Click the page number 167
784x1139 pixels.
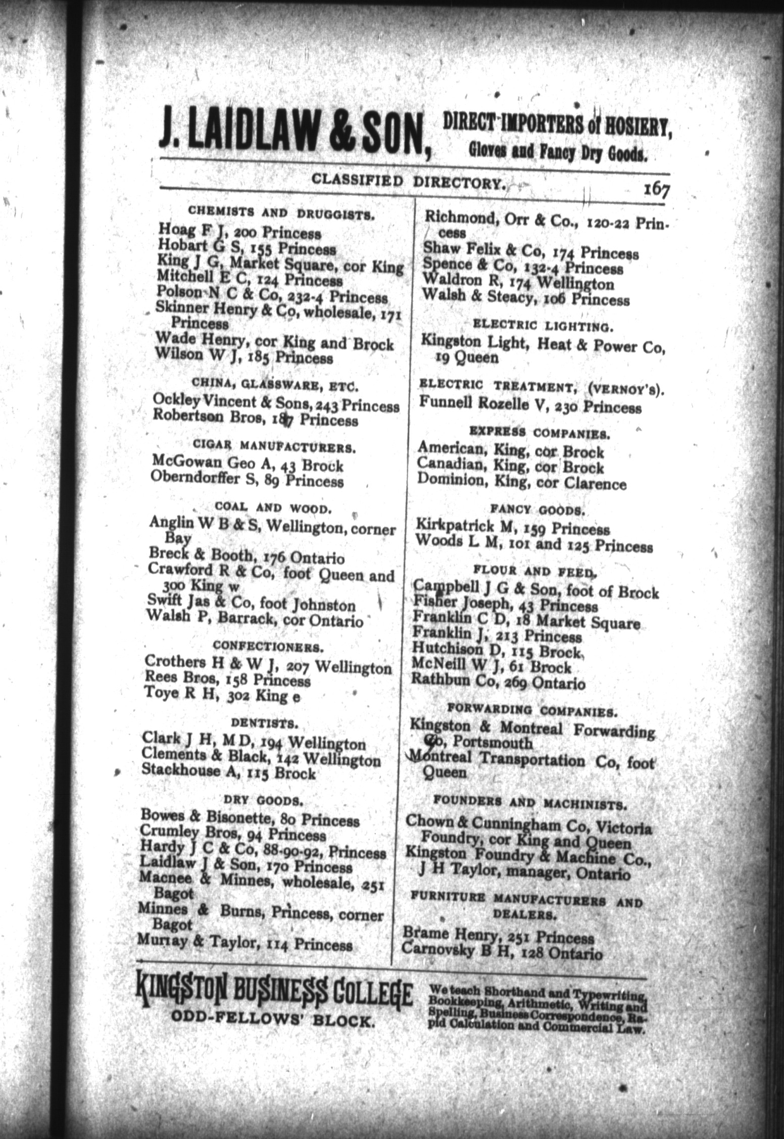(x=656, y=191)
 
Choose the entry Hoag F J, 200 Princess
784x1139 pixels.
(x=239, y=232)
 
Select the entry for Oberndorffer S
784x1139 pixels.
(x=247, y=481)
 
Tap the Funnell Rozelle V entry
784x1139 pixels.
(x=530, y=406)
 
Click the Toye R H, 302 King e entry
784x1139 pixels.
(x=222, y=696)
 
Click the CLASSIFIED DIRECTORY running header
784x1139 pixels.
(x=409, y=181)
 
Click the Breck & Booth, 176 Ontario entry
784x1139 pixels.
(x=247, y=557)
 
